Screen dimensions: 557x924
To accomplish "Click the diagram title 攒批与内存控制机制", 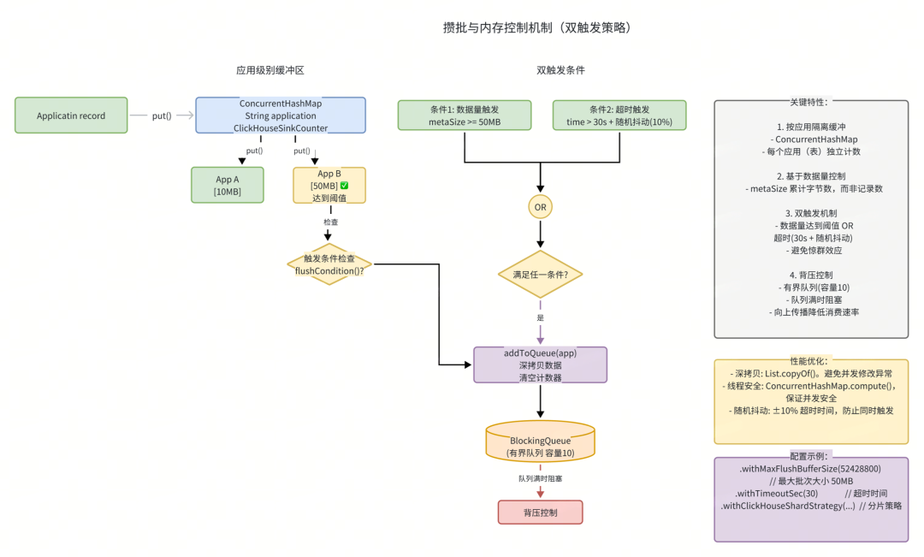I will coord(536,27).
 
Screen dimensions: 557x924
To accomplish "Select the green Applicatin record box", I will coord(71,116).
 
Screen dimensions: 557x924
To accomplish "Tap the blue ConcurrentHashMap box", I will coord(281,116).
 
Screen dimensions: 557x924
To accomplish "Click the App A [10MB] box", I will coord(228,185).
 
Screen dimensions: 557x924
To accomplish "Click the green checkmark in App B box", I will coord(344,186).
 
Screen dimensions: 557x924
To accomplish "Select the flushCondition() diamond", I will coord(329,264).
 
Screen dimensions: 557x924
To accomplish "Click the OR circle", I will coord(540,207).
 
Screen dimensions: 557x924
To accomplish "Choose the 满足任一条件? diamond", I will coord(540,275).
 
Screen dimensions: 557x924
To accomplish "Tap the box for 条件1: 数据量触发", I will coord(465,116).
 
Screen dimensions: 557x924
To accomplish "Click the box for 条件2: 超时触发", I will coord(619,116).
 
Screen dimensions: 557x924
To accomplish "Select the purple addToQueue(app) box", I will coord(540,365).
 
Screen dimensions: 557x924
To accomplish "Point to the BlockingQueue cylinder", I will coord(540,441).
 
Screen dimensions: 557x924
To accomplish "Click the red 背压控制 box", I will coord(540,513).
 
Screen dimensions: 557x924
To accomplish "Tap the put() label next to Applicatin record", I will coord(161,116).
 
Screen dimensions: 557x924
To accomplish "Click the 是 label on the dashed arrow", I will coord(540,317).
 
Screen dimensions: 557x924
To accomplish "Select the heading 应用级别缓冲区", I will coord(270,70).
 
